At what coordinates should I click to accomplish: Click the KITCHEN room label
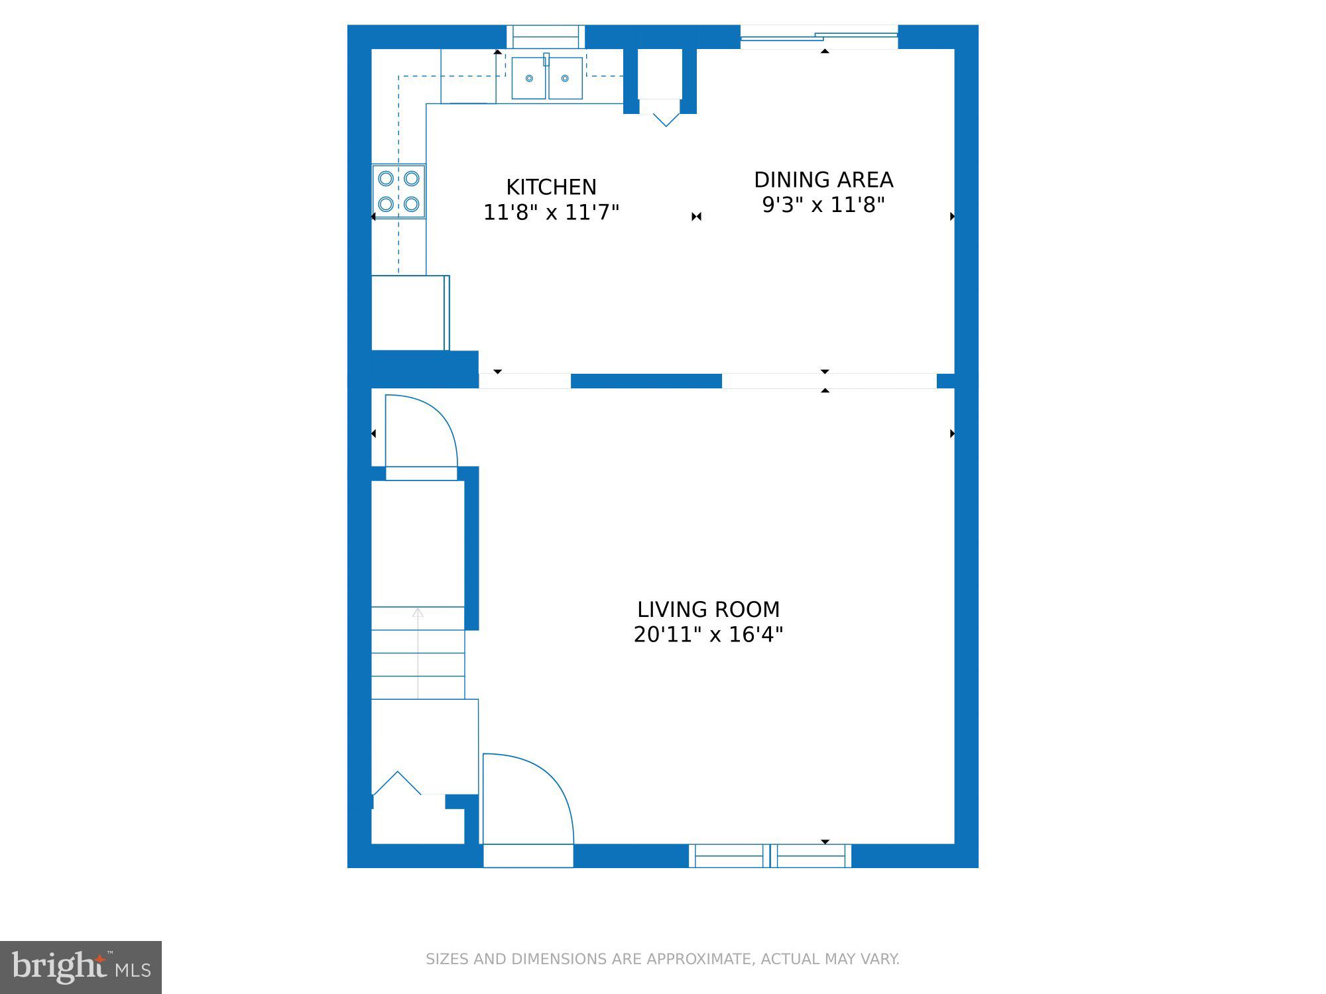click(551, 187)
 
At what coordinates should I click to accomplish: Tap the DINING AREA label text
click(823, 180)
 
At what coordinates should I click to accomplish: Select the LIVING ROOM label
click(708, 609)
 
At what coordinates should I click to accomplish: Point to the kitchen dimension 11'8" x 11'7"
click(551, 213)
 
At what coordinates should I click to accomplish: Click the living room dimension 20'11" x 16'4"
click(708, 635)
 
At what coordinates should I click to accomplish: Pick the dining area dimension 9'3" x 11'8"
click(823, 205)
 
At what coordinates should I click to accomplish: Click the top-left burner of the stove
click(386, 178)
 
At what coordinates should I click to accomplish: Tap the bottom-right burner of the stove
click(411, 204)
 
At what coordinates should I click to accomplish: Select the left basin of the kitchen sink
click(529, 78)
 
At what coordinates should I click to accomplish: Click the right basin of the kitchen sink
click(565, 78)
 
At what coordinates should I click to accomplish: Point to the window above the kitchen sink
click(546, 36)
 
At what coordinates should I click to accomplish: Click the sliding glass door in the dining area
click(819, 37)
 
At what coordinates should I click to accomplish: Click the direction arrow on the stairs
click(418, 649)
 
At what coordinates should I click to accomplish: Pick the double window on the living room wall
click(770, 856)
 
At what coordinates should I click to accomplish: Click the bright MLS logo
click(81, 967)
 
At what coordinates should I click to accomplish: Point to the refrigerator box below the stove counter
click(408, 313)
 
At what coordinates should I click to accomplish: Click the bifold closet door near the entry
click(397, 783)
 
